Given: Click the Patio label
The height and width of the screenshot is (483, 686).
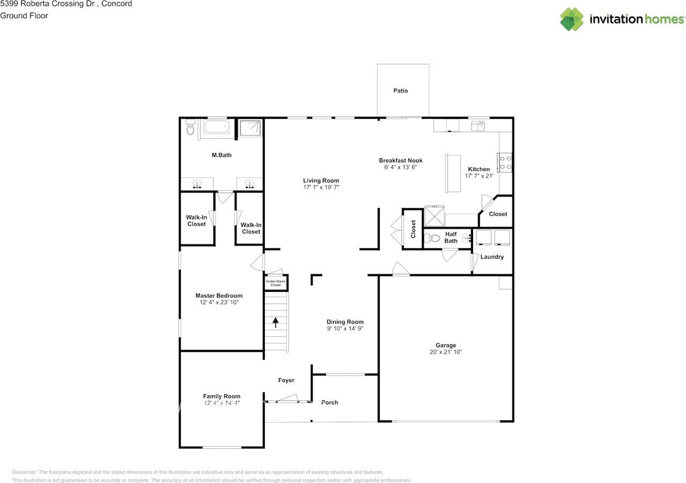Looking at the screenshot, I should click(x=400, y=90).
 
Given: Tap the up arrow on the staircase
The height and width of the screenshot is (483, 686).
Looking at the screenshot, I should click(x=275, y=322).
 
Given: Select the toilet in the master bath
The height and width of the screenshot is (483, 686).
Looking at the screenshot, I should click(x=190, y=128).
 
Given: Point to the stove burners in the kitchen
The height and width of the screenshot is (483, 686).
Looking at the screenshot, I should click(x=505, y=162).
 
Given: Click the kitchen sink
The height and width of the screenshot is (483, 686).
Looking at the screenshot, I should click(x=478, y=125).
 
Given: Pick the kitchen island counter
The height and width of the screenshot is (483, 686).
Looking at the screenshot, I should click(x=453, y=173).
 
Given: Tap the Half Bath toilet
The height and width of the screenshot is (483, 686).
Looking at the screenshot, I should click(x=432, y=238).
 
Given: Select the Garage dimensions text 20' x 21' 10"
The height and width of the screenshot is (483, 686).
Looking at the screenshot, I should click(x=445, y=352).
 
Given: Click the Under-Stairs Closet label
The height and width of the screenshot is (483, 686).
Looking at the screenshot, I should click(x=275, y=283).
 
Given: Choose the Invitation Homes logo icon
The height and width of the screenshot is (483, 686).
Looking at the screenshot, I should click(x=572, y=19).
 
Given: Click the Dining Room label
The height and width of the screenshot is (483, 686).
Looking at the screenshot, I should click(x=345, y=322).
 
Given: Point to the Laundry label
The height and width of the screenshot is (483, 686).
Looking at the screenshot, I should click(x=491, y=256).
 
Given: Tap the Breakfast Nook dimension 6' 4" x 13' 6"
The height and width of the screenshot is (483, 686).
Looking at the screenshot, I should click(x=400, y=167).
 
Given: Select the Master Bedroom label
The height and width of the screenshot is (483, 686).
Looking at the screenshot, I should click(x=219, y=296).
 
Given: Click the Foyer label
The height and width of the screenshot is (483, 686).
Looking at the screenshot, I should click(x=286, y=380).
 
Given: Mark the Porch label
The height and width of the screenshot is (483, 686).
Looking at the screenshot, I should click(x=330, y=402).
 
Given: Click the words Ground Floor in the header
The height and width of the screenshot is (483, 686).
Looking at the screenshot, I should click(x=24, y=16).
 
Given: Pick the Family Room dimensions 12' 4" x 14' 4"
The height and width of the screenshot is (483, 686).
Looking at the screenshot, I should click(x=221, y=403).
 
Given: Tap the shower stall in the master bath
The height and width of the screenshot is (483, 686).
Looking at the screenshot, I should click(x=250, y=128).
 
